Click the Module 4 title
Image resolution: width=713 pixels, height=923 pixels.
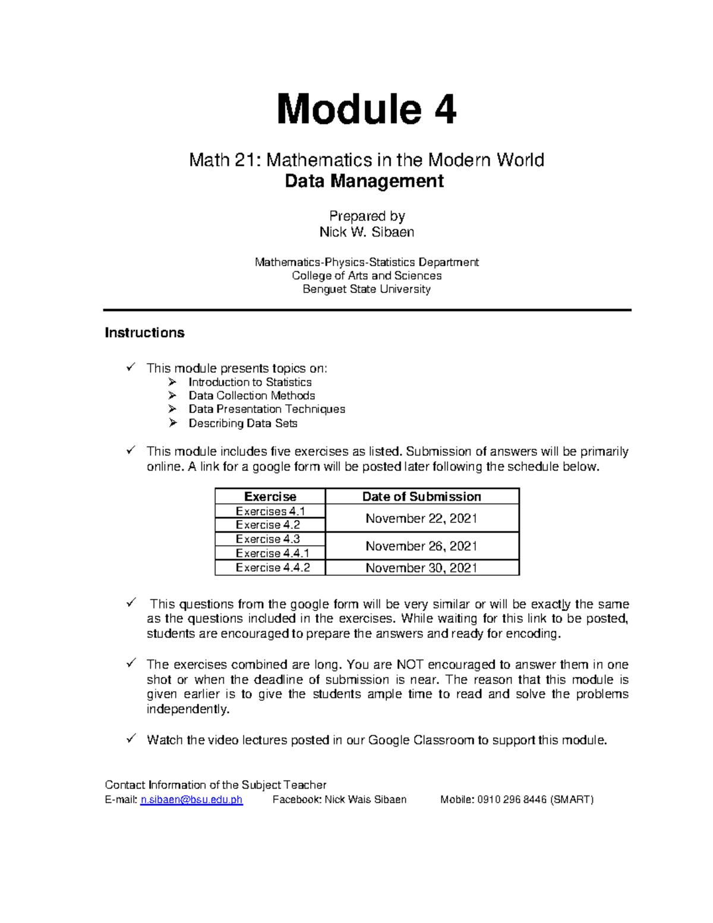click(x=367, y=109)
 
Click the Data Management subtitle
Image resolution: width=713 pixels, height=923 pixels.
click(x=364, y=181)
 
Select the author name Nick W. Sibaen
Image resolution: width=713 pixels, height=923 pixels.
click(x=367, y=232)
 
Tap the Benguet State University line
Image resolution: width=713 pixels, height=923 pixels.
click(x=367, y=289)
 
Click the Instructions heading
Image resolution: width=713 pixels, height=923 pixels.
click(x=144, y=333)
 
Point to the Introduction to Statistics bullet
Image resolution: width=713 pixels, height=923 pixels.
click(x=250, y=382)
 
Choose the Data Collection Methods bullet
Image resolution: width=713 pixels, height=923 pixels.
click(x=251, y=396)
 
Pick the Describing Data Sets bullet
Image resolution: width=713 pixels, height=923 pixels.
click(x=242, y=423)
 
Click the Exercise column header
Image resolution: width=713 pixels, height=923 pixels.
click(x=270, y=497)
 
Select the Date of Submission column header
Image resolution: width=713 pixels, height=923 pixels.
click(x=422, y=497)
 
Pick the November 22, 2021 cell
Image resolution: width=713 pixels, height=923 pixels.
click(x=422, y=518)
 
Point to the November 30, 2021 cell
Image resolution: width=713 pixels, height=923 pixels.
click(x=422, y=568)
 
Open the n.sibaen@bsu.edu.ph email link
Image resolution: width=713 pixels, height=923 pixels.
click(x=191, y=800)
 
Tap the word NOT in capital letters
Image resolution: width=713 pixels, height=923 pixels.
click(x=410, y=664)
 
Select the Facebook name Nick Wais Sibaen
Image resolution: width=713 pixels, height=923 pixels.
click(x=365, y=800)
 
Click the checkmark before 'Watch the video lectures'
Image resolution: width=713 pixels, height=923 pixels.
click(x=131, y=739)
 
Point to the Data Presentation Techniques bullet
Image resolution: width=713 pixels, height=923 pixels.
click(x=266, y=409)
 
